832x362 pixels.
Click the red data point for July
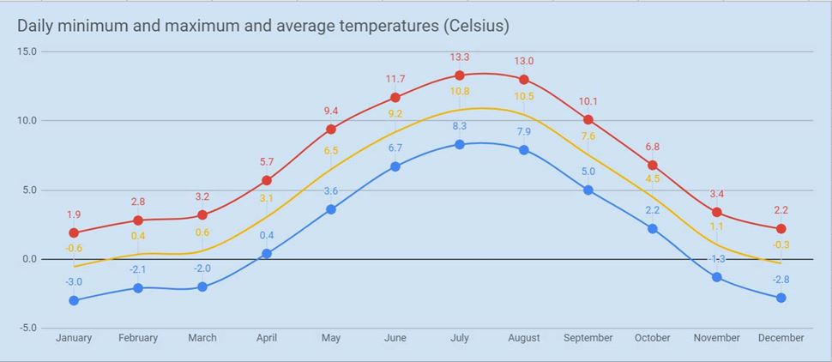pos(460,75)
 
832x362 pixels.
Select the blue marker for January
pos(74,300)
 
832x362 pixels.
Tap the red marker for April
pos(267,180)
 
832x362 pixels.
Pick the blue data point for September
pos(588,190)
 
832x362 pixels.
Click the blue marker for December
pos(781,298)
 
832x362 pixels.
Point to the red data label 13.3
pos(460,57)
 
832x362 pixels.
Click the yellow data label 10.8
pos(460,92)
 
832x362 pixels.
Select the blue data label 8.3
pos(460,126)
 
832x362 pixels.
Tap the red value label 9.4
pos(331,111)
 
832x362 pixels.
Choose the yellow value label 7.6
pos(588,136)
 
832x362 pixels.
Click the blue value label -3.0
pos(74,281)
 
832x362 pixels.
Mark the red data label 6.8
pos(653,147)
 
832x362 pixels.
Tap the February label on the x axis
pos(138,338)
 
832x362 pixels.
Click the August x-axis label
pos(524,338)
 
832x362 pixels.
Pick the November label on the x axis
pos(717,338)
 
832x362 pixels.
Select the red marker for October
pos(653,165)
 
